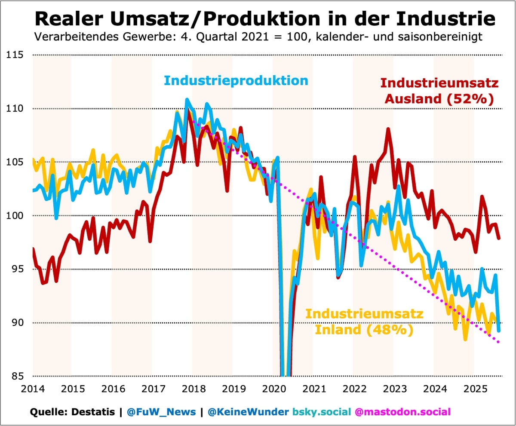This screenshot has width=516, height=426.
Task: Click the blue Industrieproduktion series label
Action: click(x=236, y=81)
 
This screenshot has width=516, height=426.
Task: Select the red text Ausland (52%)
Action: click(x=439, y=99)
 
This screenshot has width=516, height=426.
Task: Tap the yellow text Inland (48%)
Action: click(x=364, y=330)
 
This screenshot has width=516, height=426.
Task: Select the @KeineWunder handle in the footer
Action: click(x=248, y=412)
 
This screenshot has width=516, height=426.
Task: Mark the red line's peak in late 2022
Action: click(x=388, y=129)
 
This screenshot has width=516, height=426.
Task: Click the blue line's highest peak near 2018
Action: click(x=187, y=99)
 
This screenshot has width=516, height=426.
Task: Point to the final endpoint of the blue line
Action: click(x=499, y=331)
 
